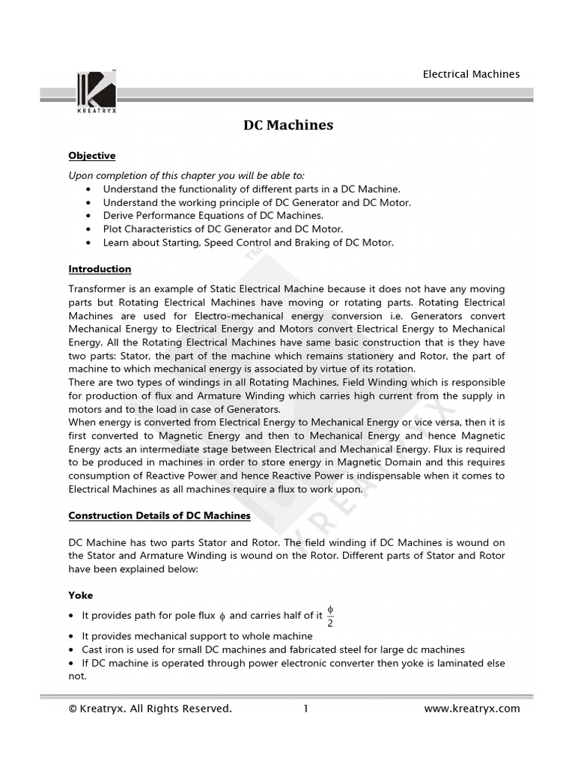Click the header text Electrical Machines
[471, 74]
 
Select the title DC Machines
[288, 125]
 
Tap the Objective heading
[92, 156]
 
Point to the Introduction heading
[100, 269]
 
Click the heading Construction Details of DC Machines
[159, 516]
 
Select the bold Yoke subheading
[81, 595]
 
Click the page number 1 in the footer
[305, 709]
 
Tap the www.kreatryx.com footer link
[472, 709]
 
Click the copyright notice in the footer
[150, 709]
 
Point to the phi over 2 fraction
[330, 615]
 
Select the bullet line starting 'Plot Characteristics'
[223, 229]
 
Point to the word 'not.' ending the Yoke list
[78, 676]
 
